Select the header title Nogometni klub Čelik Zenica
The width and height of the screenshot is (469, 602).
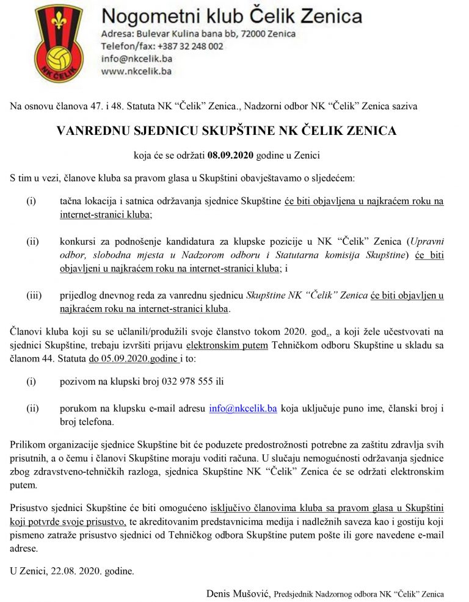coord(231,16)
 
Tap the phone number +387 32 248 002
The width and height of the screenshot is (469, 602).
coord(190,46)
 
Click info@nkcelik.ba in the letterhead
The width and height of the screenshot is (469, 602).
coord(137,59)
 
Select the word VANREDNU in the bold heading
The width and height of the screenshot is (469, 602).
coord(92,131)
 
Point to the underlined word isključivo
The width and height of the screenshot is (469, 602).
coord(230,508)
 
